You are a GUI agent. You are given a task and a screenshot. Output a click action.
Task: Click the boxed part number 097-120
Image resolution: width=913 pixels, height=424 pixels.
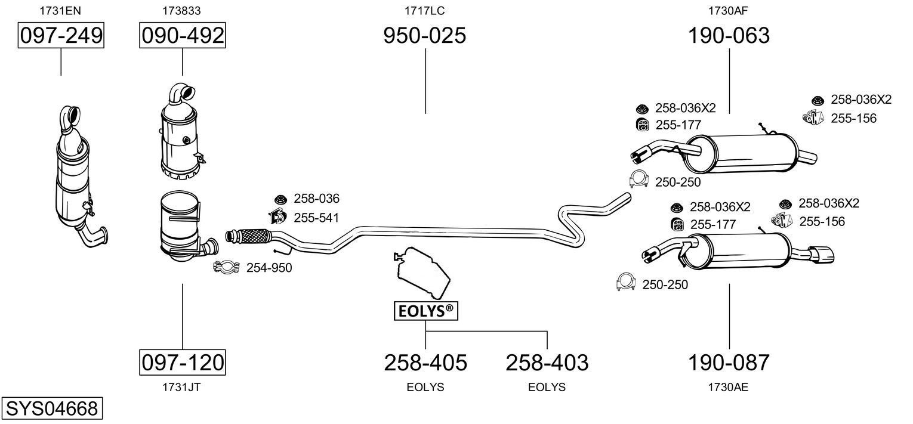(x=183, y=362)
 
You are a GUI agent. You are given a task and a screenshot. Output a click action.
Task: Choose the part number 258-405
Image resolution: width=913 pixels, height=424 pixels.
(x=425, y=362)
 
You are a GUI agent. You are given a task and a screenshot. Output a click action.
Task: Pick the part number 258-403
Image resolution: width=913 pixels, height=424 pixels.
(x=547, y=362)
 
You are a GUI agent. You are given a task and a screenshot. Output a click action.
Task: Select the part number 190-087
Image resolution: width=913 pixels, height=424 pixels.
(x=729, y=362)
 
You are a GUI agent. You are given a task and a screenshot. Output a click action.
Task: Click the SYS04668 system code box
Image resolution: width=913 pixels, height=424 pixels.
(x=51, y=409)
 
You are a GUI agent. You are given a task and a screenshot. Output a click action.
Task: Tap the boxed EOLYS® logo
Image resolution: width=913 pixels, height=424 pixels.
(x=425, y=311)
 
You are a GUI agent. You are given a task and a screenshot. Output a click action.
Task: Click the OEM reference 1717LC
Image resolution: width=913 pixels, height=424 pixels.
(x=425, y=10)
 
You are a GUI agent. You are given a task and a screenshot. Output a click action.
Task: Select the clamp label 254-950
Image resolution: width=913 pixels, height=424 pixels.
(x=269, y=268)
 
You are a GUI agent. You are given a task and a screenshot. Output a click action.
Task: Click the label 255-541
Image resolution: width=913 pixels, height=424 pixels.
(x=316, y=218)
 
